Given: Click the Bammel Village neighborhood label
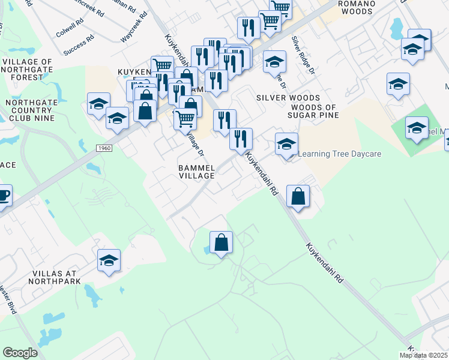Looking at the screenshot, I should click(x=197, y=171).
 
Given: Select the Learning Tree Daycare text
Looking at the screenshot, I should click(x=340, y=154).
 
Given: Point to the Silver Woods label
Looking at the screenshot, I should click(x=288, y=98).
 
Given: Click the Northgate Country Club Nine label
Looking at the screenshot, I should click(x=29, y=110).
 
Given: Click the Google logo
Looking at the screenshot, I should click(x=20, y=352).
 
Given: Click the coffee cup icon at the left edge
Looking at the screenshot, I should click(x=3, y=196).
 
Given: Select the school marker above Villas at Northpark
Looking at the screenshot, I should click(x=109, y=261).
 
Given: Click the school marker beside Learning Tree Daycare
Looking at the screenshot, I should click(x=287, y=145).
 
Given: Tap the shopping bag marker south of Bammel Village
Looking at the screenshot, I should click(x=221, y=244).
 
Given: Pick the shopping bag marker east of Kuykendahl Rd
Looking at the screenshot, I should click(x=298, y=197).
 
